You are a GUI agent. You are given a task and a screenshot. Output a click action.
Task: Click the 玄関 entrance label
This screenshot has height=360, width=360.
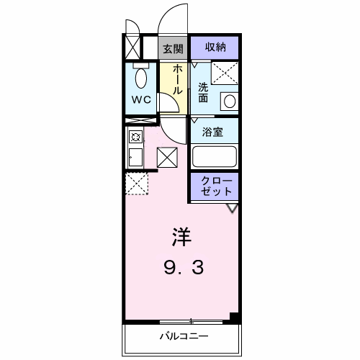tap(172, 49)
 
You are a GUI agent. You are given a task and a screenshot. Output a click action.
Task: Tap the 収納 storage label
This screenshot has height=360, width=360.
tap(215, 48)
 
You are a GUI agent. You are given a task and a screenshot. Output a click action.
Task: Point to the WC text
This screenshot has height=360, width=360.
tap(141, 100)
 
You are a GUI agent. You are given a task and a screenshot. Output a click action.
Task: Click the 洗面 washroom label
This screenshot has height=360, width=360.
tap(204, 93)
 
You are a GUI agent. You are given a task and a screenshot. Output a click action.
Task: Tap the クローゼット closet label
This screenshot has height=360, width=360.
tap(215, 186)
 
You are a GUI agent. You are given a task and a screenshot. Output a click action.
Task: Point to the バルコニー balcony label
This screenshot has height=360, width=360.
tap(183, 336)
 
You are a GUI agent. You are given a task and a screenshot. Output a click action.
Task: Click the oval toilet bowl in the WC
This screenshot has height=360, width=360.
tap(141, 77)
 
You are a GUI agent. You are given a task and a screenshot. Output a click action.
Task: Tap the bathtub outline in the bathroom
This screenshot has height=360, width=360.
tap(215, 156)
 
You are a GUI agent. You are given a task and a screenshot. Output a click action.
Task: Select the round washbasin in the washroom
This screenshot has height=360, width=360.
tap(228, 101)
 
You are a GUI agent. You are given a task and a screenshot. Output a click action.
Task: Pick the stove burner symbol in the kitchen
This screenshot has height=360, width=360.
tap(134, 137)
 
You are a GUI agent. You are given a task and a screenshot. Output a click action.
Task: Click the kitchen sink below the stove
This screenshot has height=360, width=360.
tap(134, 156)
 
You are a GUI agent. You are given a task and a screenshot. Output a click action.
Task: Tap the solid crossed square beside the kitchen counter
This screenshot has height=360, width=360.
tap(166, 156)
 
